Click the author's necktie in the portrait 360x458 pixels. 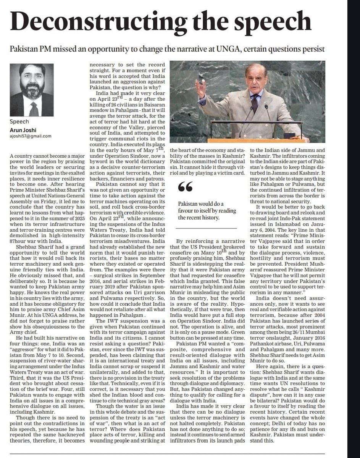pos(34,108)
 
